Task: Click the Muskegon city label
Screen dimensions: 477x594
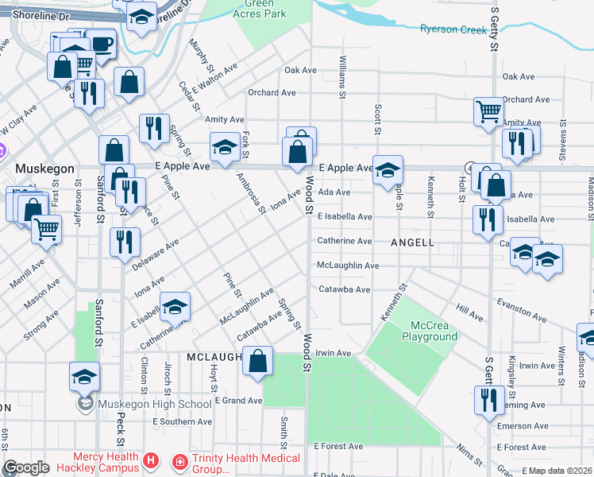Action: tap(45, 169)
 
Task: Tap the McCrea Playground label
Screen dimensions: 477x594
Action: tap(434, 331)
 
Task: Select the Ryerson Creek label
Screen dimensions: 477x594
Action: tap(453, 29)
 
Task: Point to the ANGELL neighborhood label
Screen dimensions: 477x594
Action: tap(412, 242)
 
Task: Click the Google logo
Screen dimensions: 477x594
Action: tap(26, 467)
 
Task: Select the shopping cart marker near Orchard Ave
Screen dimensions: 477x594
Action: tap(488, 111)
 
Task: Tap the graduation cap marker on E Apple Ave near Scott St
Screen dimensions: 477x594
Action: tap(388, 169)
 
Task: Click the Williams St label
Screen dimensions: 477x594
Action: tap(343, 78)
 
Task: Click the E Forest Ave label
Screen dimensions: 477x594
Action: tap(339, 447)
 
